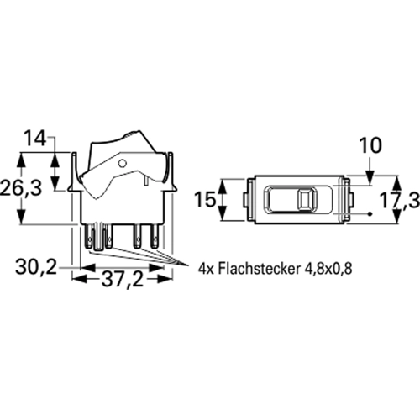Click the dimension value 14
click(34, 139)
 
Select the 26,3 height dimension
click(21, 188)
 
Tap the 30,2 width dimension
click(36, 267)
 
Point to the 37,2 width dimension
click(123, 280)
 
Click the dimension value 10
click(370, 145)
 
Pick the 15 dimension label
click(205, 200)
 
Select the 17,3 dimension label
click(400, 201)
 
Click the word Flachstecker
click(257, 269)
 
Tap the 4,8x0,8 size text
click(328, 269)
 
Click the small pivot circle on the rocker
click(123, 163)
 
